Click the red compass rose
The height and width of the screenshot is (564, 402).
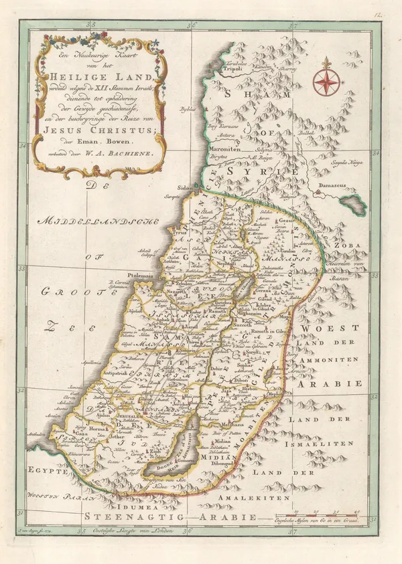pos(326,80)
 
